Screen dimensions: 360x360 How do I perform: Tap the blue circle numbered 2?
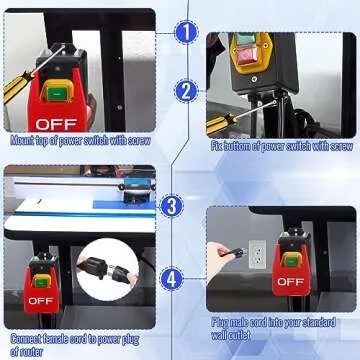click(x=186, y=91)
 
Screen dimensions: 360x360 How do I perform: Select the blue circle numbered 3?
click(x=172, y=207)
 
